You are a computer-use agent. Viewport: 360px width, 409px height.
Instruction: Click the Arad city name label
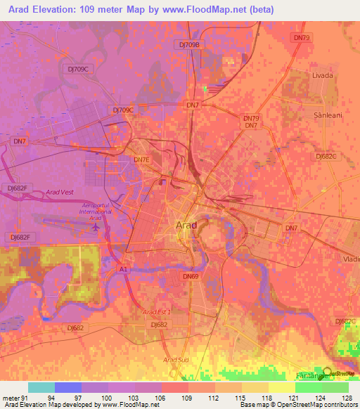[x=186, y=225]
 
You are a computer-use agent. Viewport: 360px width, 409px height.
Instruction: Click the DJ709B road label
[x=188, y=44]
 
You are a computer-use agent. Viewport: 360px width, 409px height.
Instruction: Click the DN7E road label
[x=143, y=160]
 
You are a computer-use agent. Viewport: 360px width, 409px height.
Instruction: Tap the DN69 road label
[x=191, y=277]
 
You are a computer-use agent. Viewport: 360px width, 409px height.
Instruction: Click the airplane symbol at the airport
[x=95, y=228]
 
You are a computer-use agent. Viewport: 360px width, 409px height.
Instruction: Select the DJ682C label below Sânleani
[x=327, y=157]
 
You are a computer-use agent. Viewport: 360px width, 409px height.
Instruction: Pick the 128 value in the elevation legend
[x=348, y=397]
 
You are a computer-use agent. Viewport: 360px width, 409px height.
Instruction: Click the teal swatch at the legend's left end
[x=41, y=387]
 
